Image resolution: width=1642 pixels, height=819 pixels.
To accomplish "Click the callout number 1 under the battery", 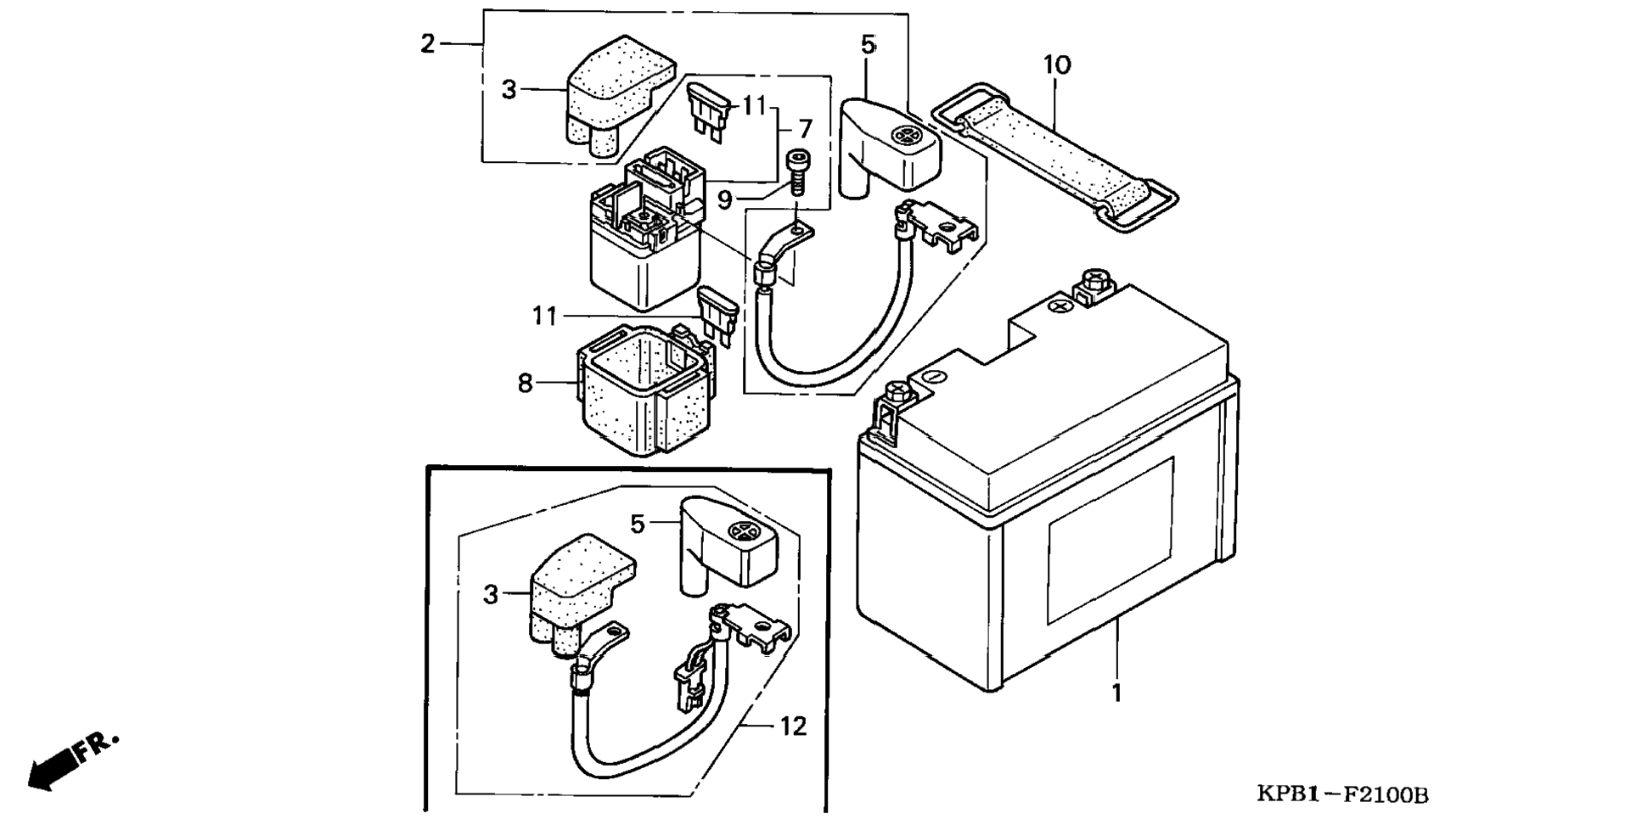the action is coord(1116,693).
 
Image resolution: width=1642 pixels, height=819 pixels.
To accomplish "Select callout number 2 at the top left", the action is coord(428,43).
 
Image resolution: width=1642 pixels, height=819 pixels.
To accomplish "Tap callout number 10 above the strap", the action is coord(1057,65).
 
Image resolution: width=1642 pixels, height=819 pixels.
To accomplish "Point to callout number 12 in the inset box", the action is coord(793,726).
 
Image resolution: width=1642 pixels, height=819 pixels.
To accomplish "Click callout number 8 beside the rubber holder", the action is coord(526,384).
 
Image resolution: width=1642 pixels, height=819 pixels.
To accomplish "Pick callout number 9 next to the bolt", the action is coord(724,200).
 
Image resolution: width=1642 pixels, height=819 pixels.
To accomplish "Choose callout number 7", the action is coord(805,129).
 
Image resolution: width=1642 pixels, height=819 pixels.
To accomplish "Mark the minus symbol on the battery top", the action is coord(932,375).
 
